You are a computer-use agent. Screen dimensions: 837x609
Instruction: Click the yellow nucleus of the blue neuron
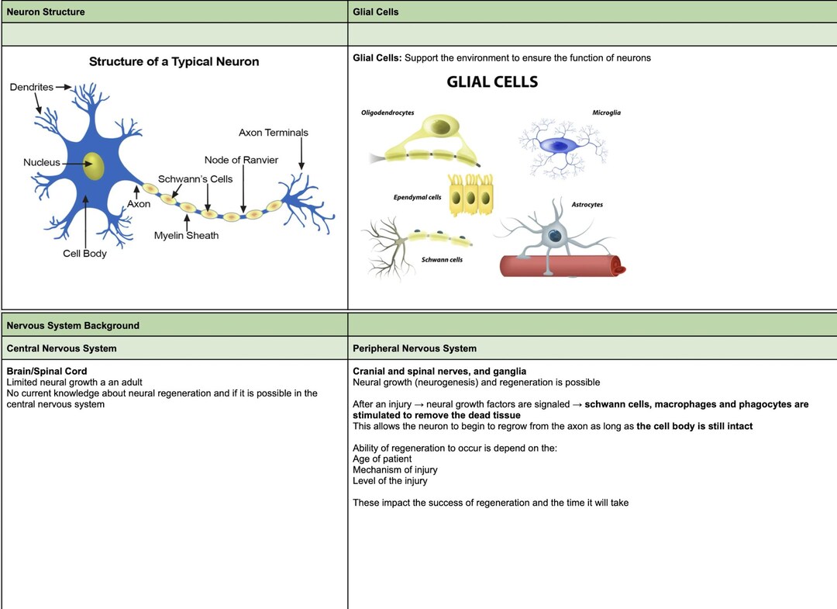pos(94,165)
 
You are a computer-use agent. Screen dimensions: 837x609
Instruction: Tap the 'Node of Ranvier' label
pos(241,160)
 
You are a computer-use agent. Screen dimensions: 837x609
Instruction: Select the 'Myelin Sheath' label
pos(186,236)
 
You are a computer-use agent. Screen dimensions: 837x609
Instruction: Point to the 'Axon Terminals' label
pos(274,133)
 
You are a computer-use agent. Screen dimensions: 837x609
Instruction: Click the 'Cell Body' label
pos(85,253)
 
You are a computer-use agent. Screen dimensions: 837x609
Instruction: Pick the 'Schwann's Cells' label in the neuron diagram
pos(195,179)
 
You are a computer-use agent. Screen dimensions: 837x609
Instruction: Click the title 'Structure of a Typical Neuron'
pos(174,61)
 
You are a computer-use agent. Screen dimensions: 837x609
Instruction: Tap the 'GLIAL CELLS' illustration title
pos(492,81)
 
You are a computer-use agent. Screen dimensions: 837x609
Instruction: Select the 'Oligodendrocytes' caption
pos(387,112)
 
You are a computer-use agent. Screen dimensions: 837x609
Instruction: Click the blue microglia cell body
pos(558,145)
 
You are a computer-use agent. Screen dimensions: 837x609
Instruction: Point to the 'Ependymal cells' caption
pos(418,197)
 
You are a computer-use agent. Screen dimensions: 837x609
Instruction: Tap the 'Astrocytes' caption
pos(587,205)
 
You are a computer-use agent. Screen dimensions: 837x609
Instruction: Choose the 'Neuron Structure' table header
pos(46,12)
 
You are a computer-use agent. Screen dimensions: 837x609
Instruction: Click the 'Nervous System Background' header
pos(73,325)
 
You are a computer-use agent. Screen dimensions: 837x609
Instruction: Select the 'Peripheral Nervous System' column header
pos(415,348)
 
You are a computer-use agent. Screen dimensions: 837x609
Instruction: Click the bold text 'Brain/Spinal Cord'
pos(47,372)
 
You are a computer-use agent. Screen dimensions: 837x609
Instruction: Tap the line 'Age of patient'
pos(382,459)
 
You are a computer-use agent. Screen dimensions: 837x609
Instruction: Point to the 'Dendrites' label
pos(32,87)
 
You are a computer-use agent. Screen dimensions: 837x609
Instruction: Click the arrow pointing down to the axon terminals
pos(301,154)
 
